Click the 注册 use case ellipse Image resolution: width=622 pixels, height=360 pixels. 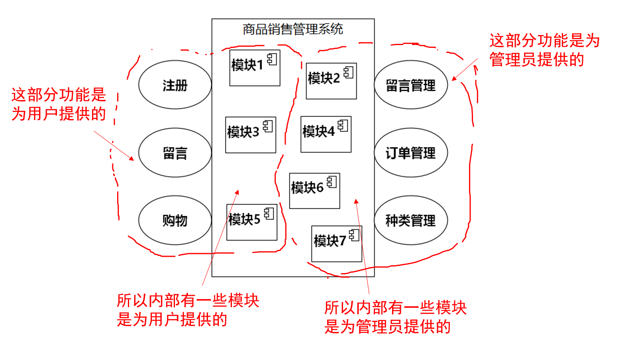(175, 85)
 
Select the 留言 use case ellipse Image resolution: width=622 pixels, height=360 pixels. (175, 153)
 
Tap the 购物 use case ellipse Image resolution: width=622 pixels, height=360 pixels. (175, 220)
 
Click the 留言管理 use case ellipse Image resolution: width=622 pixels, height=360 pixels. (411, 85)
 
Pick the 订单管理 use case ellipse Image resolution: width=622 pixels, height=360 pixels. (411, 153)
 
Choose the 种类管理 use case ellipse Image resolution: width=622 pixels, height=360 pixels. (411, 220)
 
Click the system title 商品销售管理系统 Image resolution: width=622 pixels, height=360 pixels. (293, 29)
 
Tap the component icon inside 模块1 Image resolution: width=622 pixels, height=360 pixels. (272, 59)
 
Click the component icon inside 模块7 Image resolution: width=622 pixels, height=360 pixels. (354, 235)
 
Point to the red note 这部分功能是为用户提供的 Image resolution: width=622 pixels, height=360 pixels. (59, 104)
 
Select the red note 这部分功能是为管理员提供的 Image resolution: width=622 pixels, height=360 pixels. (544, 50)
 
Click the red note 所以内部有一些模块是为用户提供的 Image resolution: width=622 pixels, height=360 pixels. (188, 310)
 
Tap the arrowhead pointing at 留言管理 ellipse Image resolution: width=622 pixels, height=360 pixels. (454, 79)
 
